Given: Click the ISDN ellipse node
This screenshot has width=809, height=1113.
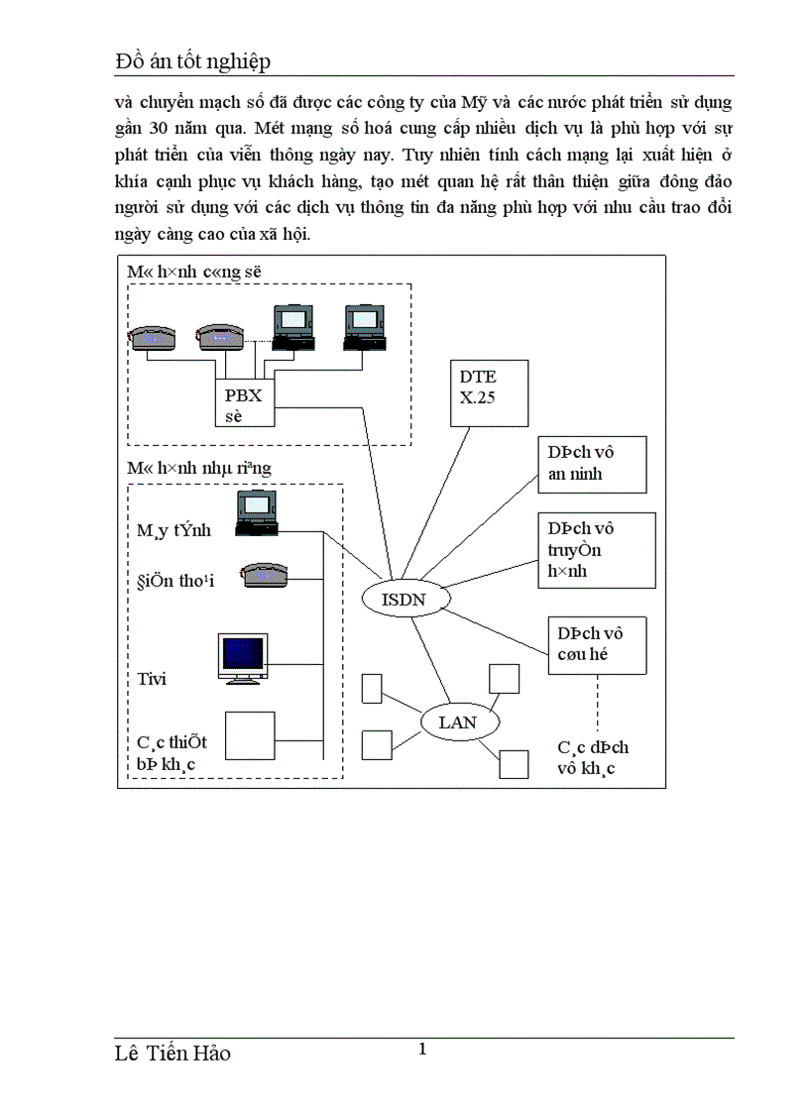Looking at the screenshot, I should (403, 598).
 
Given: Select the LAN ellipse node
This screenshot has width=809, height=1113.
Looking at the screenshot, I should (457, 723).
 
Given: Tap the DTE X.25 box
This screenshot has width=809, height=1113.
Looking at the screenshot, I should (489, 392).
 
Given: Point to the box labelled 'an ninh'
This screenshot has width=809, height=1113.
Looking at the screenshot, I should (592, 463).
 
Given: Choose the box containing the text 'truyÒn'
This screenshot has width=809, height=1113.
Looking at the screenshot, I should (596, 549).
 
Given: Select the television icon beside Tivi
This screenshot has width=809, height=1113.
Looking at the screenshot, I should (243, 658).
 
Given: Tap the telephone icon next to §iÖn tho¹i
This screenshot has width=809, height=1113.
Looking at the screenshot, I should (263, 577).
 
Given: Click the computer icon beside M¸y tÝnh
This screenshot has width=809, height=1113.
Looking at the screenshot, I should (257, 515).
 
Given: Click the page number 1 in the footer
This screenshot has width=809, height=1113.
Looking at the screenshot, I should (423, 1050).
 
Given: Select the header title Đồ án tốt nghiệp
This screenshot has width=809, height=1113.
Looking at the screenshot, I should (192, 62).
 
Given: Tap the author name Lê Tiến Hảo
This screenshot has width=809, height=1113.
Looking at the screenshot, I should (173, 1054).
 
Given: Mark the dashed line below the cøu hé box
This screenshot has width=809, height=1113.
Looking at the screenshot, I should (597, 705).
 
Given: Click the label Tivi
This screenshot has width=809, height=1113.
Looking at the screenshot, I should (152, 679).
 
